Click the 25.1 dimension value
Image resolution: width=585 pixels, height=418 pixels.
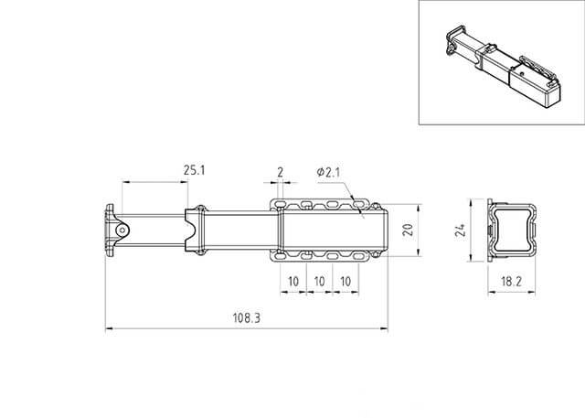(195, 170)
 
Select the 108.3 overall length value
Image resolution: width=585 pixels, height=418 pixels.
(247, 318)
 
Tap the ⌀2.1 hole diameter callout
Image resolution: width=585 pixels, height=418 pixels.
(328, 172)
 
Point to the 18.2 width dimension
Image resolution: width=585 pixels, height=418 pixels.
(511, 282)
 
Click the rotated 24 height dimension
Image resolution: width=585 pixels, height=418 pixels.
(460, 230)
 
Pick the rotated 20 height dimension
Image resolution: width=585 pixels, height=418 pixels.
(409, 230)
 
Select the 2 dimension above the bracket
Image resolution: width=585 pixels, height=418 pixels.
(281, 172)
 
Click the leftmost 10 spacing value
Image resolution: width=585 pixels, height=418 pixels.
(293, 282)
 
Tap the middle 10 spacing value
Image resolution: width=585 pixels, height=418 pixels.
(319, 282)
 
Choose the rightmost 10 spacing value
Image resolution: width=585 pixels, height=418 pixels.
(346, 282)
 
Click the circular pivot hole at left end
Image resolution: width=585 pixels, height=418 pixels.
(122, 230)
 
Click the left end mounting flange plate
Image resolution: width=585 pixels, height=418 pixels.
(110, 230)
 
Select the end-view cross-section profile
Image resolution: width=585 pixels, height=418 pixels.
(512, 230)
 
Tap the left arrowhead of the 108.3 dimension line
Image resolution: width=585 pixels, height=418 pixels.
(110, 328)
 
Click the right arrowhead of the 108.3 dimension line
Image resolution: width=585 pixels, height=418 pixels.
(384, 328)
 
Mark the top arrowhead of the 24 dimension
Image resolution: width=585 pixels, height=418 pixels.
(472, 203)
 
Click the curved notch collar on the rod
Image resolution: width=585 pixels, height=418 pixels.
(196, 230)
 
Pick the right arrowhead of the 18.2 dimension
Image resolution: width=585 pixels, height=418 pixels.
(531, 292)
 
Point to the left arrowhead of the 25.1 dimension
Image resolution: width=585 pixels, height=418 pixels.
(126, 182)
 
